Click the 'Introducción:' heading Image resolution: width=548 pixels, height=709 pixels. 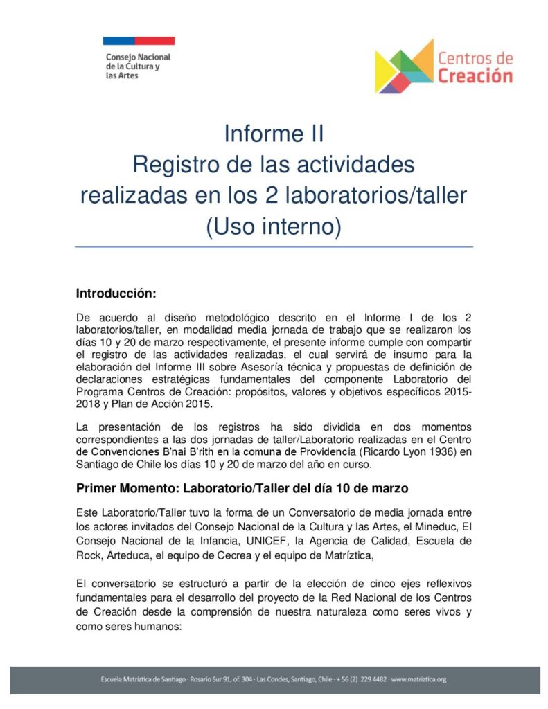(116, 293)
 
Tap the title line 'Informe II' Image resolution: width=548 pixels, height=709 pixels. (274, 133)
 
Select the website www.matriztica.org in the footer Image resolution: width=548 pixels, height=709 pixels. (418, 679)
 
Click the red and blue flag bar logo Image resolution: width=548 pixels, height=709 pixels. (139, 41)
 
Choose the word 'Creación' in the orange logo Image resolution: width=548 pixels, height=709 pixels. (475, 75)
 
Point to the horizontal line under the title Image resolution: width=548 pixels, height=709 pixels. (274, 246)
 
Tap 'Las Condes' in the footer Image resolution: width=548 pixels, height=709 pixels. (277, 679)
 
